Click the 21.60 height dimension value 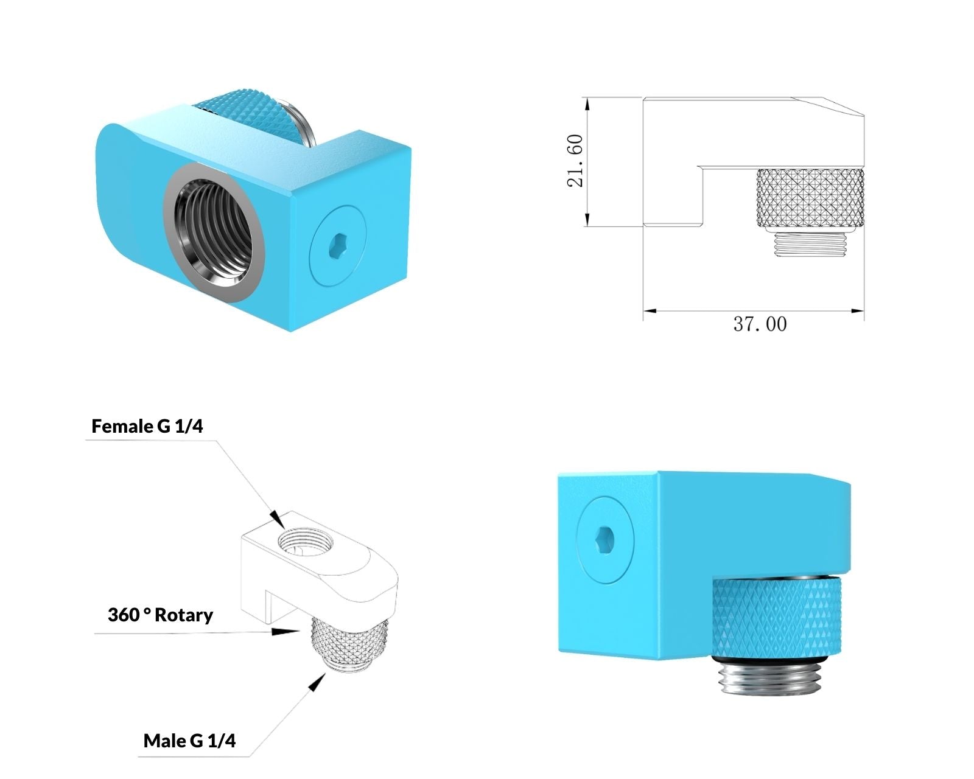point(575,161)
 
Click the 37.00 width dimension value point(760,324)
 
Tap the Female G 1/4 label point(147,426)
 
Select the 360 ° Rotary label point(160,615)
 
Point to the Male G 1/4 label point(189,741)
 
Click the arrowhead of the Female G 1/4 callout point(278,520)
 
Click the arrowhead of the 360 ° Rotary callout point(285,631)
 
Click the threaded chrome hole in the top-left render point(213,232)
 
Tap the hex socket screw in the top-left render point(338,246)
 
